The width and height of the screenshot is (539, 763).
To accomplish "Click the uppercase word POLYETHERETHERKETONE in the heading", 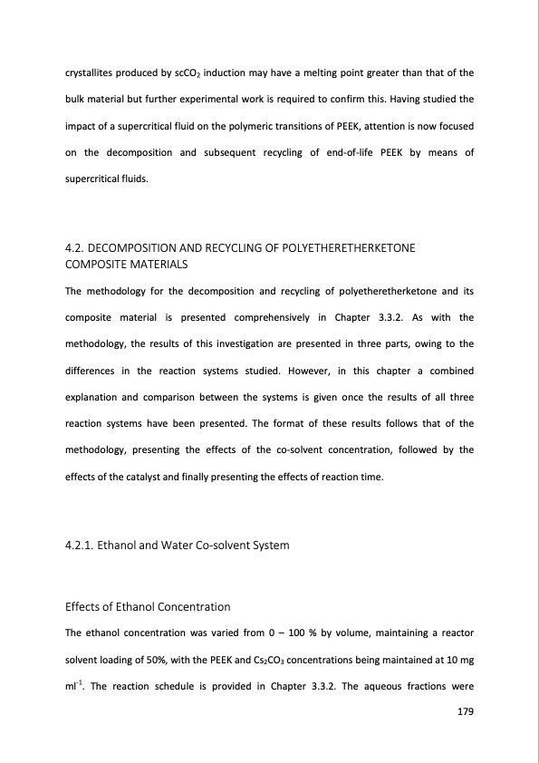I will click(x=361, y=248).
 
